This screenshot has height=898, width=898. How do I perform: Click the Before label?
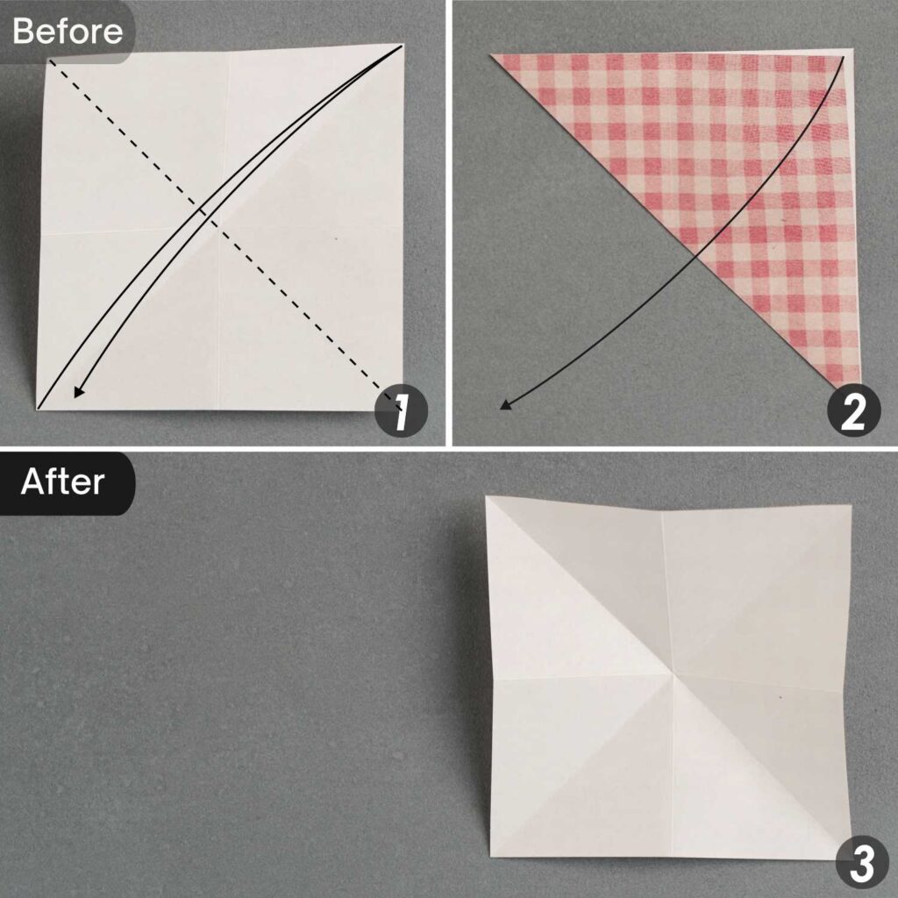click(67, 32)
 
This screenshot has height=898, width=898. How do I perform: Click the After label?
click(62, 482)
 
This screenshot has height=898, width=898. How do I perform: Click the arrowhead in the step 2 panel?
click(504, 405)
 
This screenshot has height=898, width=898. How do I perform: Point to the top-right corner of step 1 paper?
click(403, 44)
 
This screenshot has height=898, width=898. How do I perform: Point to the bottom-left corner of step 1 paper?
click(39, 410)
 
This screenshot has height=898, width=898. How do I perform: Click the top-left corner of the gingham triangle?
click(491, 54)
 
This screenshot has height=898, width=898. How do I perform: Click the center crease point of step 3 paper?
click(672, 676)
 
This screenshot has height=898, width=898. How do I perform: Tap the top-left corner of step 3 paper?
click(487, 496)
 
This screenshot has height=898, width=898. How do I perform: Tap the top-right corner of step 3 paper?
click(851, 506)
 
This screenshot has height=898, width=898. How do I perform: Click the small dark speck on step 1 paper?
click(337, 237)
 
